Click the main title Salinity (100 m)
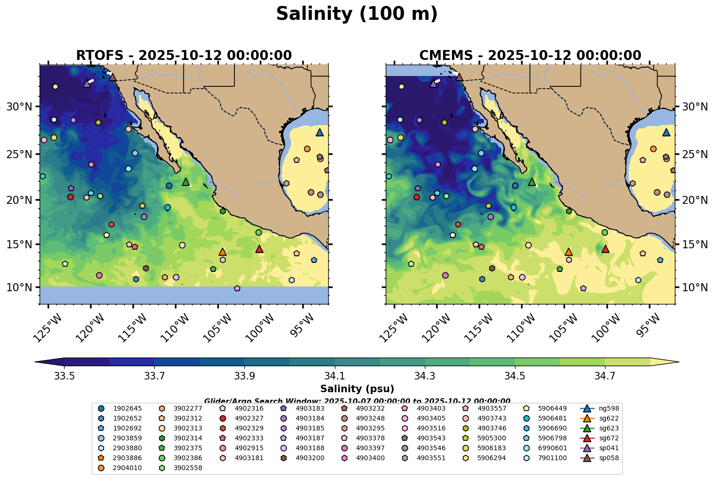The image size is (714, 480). [357, 14]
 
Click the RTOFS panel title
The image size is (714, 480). [184, 56]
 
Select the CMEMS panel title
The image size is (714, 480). [530, 56]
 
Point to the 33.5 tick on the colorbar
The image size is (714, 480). [64, 377]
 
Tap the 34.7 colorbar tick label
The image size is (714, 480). [605, 377]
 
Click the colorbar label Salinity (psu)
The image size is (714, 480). [357, 389]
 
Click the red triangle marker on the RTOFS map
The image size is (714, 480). [259, 249]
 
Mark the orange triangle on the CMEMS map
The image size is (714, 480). [569, 252]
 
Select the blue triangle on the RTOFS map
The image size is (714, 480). [320, 133]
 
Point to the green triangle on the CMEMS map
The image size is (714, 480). [532, 182]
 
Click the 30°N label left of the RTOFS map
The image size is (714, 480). [19, 107]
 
